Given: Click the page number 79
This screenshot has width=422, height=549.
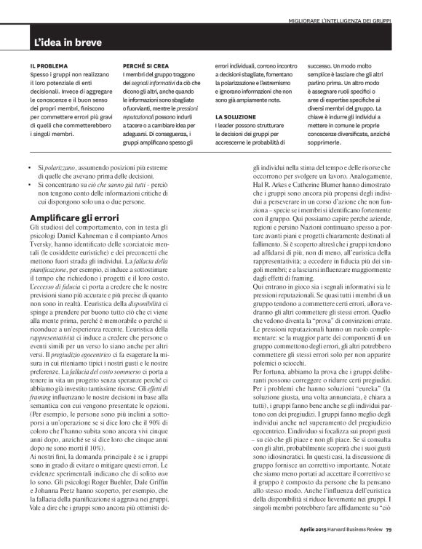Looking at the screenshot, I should point(389,529).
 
